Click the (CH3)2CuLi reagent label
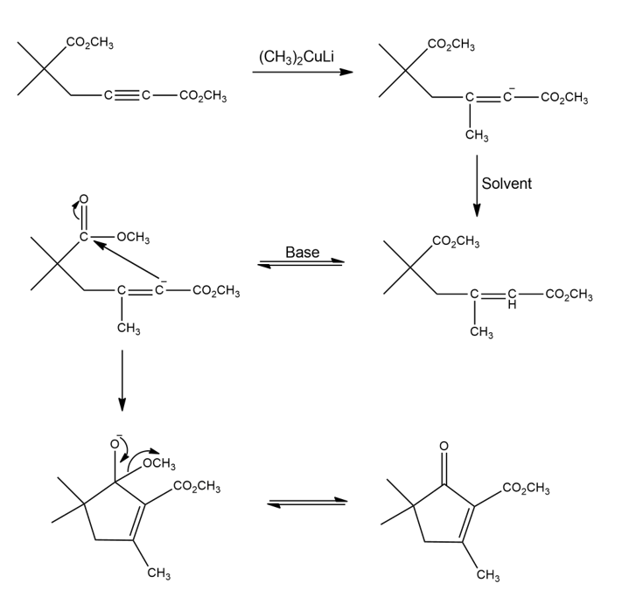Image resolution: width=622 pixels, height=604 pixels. [x=297, y=58]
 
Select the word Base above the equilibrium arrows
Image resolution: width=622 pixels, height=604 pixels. [x=302, y=253]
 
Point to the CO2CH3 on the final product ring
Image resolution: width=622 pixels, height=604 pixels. [x=528, y=488]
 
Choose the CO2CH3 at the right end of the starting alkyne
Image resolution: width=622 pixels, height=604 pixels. [x=203, y=96]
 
